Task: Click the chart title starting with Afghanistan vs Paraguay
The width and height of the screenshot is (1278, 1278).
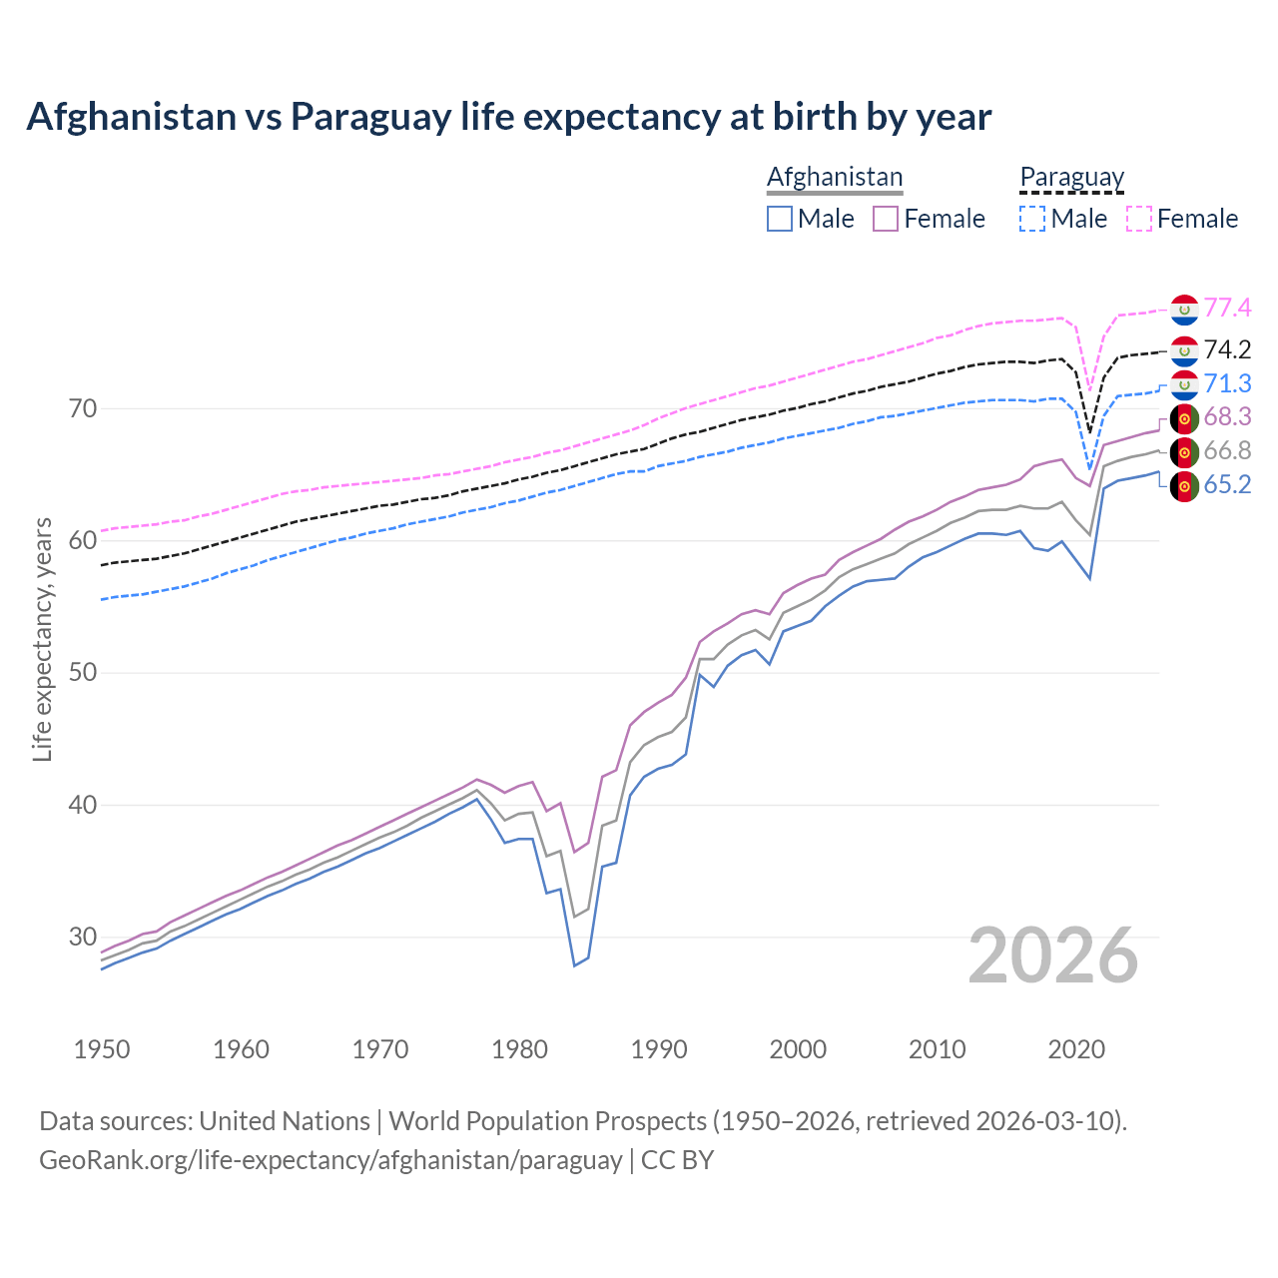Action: (508, 117)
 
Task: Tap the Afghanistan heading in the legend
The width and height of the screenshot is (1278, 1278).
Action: (834, 177)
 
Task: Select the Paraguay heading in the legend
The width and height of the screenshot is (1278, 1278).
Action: (1071, 177)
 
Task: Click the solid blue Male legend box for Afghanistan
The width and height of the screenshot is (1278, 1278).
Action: (780, 219)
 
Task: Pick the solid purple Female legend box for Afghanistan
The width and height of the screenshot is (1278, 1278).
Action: (887, 219)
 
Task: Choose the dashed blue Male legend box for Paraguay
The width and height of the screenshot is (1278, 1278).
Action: (1032, 219)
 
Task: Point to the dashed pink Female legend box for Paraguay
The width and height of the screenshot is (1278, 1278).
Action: (1139, 219)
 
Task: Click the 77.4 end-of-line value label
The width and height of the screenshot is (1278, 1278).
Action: (1227, 309)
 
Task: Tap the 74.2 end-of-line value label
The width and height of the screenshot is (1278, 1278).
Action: (1227, 349)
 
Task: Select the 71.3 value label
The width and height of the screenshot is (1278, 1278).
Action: (1227, 384)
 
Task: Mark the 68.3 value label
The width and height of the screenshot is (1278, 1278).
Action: (1227, 417)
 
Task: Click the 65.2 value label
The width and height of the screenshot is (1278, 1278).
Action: (1227, 485)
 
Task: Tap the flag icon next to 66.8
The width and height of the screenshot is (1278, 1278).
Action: (1184, 452)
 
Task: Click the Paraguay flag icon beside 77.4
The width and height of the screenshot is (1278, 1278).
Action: (1184, 310)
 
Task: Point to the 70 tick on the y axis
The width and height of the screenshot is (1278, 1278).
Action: (83, 408)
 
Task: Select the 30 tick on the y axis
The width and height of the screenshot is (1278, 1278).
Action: (83, 937)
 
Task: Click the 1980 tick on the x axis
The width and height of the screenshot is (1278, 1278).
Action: (519, 1049)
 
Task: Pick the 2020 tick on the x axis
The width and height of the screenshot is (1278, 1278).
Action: (1075, 1049)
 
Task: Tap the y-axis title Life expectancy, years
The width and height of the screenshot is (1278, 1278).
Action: (43, 639)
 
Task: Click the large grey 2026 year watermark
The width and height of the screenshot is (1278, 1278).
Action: (1052, 956)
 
